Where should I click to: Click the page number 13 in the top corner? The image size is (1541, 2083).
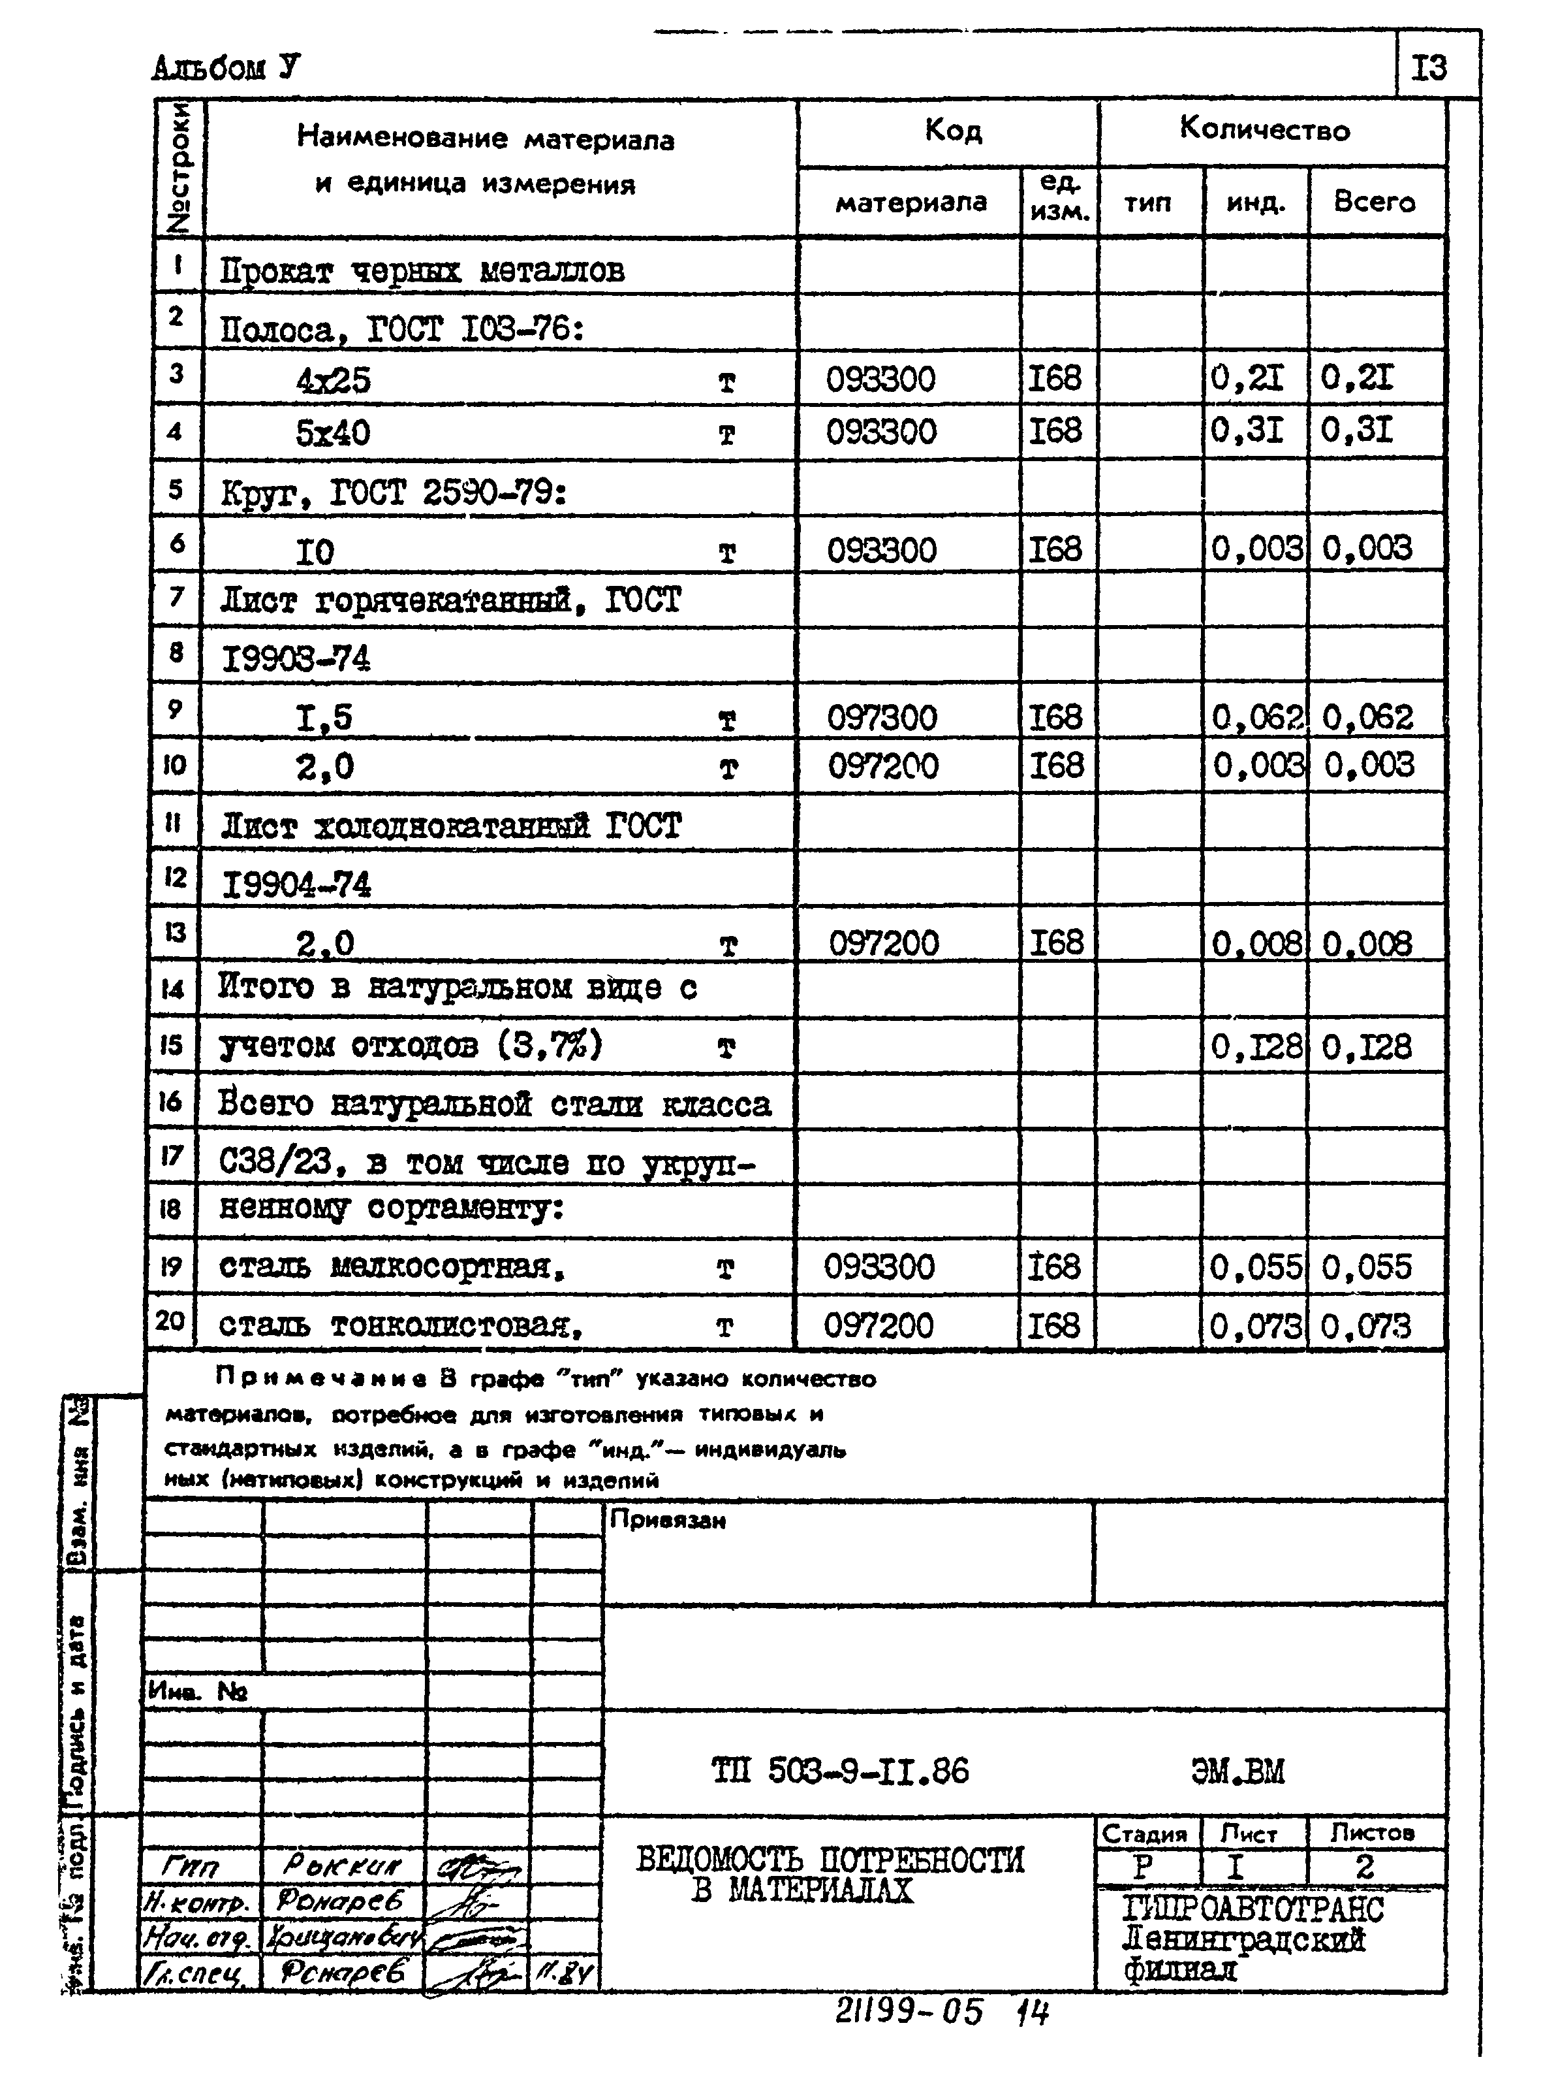pyautogui.click(x=1428, y=68)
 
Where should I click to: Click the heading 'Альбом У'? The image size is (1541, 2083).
pyautogui.click(x=226, y=68)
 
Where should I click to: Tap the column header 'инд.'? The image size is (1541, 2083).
pyautogui.click(x=1256, y=202)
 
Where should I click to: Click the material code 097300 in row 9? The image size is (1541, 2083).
pyautogui.click(x=882, y=718)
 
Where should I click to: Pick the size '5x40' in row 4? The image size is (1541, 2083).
pyautogui.click(x=333, y=433)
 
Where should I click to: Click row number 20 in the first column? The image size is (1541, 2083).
pyautogui.click(x=171, y=1321)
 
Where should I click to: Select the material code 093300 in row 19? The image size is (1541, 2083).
pyautogui.click(x=879, y=1267)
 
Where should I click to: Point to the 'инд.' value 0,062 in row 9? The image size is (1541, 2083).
pyautogui.click(x=1256, y=718)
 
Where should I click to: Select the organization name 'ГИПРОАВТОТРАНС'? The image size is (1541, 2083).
pyautogui.click(x=1252, y=1911)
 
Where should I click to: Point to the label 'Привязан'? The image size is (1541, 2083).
pyautogui.click(x=667, y=1520)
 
